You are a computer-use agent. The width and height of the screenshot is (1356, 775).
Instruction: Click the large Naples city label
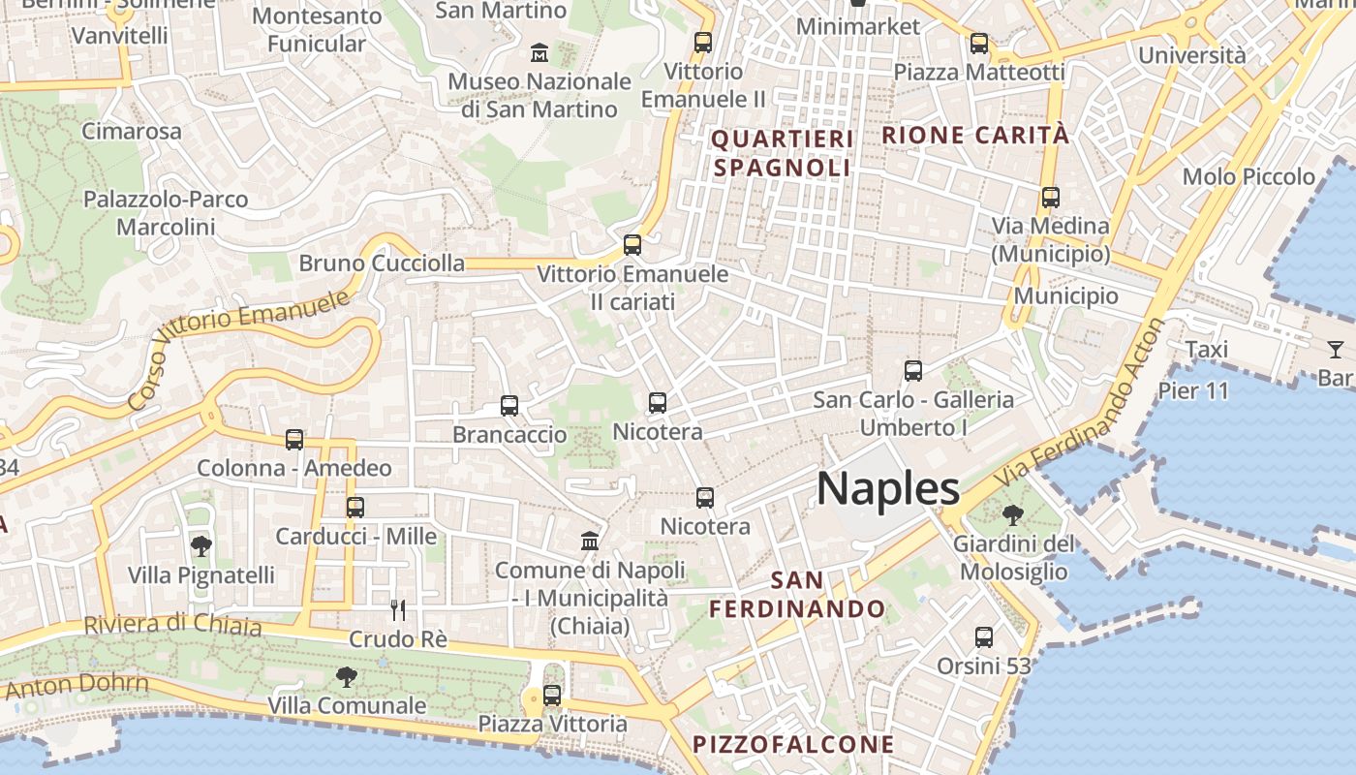(888, 489)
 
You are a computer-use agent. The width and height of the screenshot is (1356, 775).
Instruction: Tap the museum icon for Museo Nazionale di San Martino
(539, 51)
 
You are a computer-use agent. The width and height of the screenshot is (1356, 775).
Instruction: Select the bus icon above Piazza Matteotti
(979, 44)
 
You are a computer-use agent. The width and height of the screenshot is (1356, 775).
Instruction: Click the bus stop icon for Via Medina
(1051, 198)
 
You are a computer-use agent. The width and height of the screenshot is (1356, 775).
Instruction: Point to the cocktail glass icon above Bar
(1336, 349)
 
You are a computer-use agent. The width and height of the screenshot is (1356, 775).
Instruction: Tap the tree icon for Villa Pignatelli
(201, 546)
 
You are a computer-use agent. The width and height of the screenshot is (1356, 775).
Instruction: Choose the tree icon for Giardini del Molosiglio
(1013, 515)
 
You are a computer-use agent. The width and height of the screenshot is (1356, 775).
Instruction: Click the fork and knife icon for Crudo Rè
(397, 609)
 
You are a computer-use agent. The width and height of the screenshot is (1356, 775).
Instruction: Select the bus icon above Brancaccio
(509, 406)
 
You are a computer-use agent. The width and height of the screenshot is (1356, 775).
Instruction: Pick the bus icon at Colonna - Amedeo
(294, 440)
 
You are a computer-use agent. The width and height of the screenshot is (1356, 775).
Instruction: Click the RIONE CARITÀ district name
(975, 136)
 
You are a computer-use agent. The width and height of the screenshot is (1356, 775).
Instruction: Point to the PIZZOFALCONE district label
(793, 744)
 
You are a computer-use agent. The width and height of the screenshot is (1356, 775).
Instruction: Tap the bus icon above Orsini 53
(984, 637)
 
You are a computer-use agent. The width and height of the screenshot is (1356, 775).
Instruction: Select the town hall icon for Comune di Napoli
(590, 541)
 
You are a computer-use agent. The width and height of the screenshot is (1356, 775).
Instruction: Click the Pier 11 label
(1193, 391)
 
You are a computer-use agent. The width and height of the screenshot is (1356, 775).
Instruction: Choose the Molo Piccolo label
(1248, 176)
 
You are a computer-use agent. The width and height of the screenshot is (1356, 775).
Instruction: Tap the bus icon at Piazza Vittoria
(552, 695)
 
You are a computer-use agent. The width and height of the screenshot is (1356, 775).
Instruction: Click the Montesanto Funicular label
(317, 30)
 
